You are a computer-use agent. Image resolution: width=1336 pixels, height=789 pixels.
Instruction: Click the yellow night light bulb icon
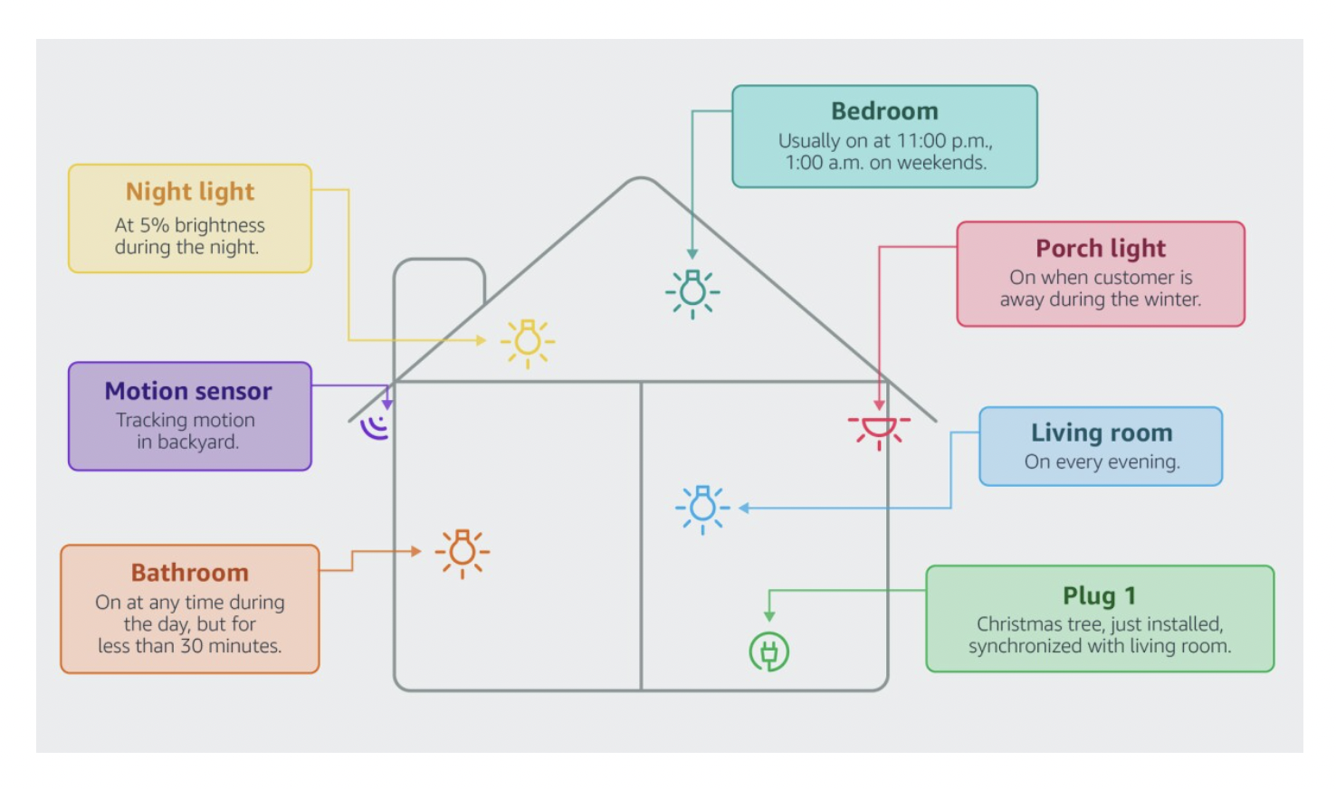pyautogui.click(x=528, y=343)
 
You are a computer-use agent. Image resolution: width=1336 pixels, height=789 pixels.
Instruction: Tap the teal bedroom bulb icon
pyautogui.click(x=692, y=293)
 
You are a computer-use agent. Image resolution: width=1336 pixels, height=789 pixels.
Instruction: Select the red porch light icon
pyautogui.click(x=879, y=431)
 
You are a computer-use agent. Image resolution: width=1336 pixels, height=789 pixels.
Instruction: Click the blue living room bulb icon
pyautogui.click(x=702, y=509)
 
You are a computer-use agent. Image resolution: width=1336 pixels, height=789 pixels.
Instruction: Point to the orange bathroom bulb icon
pyautogui.click(x=463, y=553)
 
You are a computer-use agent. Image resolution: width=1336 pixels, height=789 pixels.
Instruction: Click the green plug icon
pyautogui.click(x=768, y=651)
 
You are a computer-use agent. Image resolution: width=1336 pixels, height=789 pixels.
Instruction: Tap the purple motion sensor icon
pyautogui.click(x=375, y=428)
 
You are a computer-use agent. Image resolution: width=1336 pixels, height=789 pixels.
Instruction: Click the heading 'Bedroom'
pyautogui.click(x=884, y=111)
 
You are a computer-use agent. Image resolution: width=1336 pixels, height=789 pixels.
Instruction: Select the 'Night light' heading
pyautogui.click(x=190, y=192)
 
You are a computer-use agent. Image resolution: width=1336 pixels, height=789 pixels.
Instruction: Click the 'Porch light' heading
pyautogui.click(x=1101, y=249)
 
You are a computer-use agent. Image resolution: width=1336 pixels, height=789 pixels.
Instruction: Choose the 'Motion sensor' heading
pyautogui.click(x=188, y=391)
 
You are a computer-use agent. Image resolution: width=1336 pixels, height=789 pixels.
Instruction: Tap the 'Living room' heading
pyautogui.click(x=1102, y=433)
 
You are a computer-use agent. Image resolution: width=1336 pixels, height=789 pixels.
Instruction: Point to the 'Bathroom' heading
pyautogui.click(x=190, y=573)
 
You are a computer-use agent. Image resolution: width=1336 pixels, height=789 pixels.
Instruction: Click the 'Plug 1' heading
pyautogui.click(x=1099, y=595)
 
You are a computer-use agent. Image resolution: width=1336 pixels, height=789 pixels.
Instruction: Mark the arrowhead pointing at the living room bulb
pyautogui.click(x=744, y=509)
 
